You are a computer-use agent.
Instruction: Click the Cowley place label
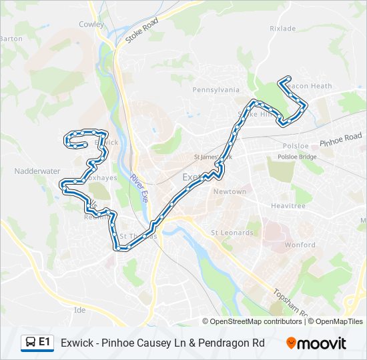92,24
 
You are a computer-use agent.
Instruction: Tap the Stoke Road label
141,31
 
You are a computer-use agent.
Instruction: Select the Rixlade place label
282,29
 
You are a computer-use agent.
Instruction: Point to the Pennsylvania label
216,89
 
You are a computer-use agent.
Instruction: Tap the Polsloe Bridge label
297,157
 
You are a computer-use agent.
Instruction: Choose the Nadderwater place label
37,171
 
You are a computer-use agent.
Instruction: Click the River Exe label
139,189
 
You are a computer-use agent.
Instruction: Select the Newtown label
230,191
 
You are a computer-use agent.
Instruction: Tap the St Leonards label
232,233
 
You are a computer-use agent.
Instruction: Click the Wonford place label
300,245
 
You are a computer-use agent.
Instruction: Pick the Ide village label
80,310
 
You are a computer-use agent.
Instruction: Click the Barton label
11,39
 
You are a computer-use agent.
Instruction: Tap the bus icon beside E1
30,343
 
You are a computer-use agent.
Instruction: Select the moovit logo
316,343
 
